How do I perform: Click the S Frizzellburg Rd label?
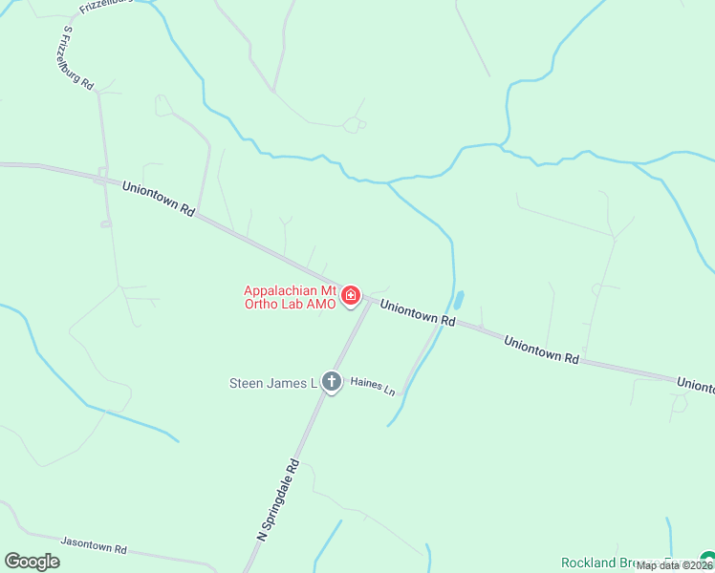pyautogui.click(x=77, y=58)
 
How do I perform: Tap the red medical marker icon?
pyautogui.click(x=351, y=296)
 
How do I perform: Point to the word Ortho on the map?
pyautogui.click(x=260, y=304)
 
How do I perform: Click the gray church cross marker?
pyautogui.click(x=332, y=382)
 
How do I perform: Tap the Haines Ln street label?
pyautogui.click(x=373, y=386)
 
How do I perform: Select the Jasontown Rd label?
pyautogui.click(x=94, y=548)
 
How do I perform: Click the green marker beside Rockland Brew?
pyautogui.click(x=707, y=560)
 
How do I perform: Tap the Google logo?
pyautogui.click(x=32, y=562)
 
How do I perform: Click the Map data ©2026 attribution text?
pyautogui.click(x=674, y=565)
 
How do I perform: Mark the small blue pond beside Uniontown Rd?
pyautogui.click(x=459, y=299)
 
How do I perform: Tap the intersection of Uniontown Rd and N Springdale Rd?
pyautogui.click(x=368, y=299)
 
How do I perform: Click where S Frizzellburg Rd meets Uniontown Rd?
pyautogui.click(x=101, y=178)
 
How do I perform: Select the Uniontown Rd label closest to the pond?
pyautogui.click(x=418, y=313)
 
